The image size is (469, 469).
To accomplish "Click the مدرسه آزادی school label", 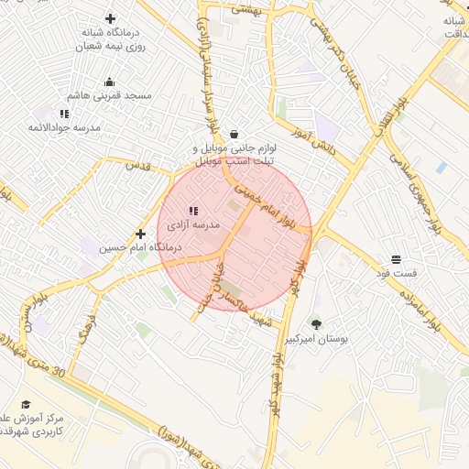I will [x=193, y=224].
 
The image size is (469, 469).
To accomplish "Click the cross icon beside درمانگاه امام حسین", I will [x=140, y=234].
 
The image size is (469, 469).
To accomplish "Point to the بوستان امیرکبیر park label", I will [x=318, y=338].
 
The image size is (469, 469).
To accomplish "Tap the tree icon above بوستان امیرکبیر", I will [x=317, y=323].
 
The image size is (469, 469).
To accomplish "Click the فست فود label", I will [x=396, y=273].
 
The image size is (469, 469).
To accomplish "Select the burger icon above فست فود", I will [x=395, y=259].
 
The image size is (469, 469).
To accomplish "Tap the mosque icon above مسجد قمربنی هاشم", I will [x=110, y=82].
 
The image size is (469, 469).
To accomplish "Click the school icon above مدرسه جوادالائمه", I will [x=64, y=114].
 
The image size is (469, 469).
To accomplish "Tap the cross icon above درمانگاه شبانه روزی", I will [x=111, y=17].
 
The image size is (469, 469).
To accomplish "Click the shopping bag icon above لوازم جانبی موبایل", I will [x=234, y=134].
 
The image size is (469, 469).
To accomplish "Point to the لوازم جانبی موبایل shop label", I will [x=234, y=155].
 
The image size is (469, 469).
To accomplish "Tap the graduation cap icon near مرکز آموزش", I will [x=26, y=404].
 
